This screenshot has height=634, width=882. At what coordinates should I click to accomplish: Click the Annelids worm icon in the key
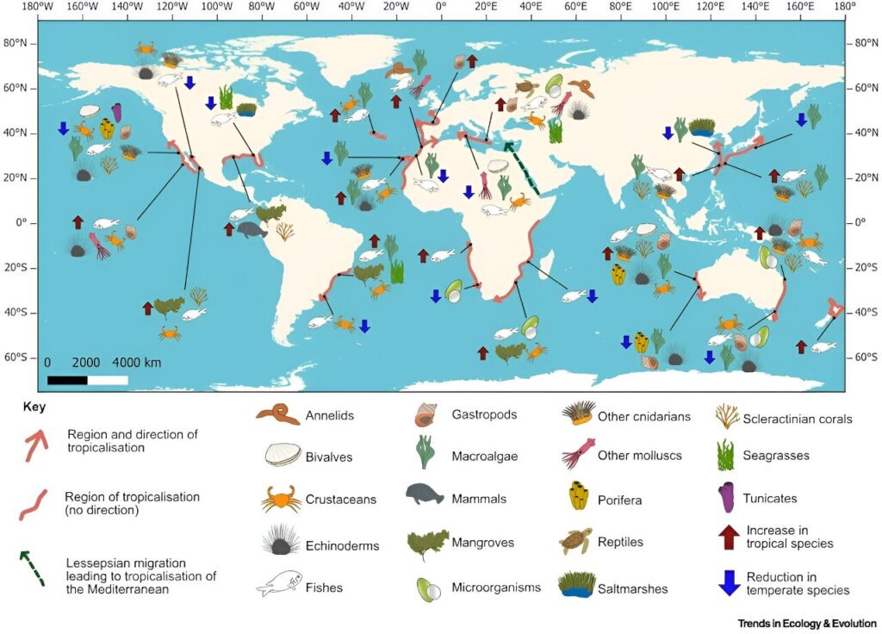(x=276, y=415)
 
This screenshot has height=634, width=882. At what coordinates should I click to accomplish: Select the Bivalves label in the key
(x=328, y=457)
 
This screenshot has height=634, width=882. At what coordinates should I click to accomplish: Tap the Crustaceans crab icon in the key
(x=276, y=500)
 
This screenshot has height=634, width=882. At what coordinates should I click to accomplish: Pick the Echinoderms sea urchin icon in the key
(x=276, y=543)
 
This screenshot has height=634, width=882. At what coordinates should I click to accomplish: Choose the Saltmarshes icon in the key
(x=575, y=585)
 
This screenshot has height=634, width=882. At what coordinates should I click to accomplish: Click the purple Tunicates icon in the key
(x=727, y=498)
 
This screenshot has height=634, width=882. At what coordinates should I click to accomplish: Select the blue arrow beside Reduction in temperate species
(x=729, y=582)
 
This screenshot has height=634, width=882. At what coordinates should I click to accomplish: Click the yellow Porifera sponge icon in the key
(x=574, y=497)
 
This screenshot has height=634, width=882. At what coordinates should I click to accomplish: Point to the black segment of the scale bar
(x=67, y=379)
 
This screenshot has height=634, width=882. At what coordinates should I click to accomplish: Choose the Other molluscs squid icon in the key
(x=575, y=455)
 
